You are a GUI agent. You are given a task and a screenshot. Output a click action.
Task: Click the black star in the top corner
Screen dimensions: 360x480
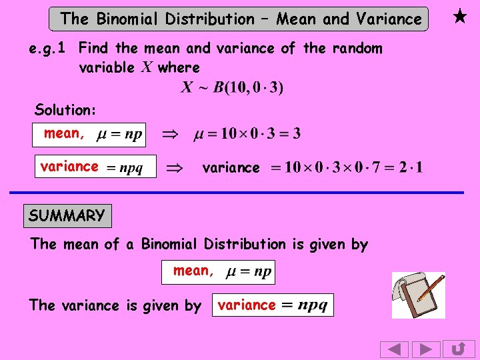pos(459,17)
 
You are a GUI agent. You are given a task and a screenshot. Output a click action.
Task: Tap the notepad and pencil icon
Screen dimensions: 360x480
pos(418,295)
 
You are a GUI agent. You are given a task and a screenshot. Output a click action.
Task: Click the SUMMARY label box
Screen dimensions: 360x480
pos(67,216)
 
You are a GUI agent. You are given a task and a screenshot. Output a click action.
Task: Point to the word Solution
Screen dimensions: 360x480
pos(65,109)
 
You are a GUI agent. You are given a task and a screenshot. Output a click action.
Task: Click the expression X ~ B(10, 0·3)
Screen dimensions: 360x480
pos(232,87)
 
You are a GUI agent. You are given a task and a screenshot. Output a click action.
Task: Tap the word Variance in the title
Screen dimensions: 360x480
pos(389,19)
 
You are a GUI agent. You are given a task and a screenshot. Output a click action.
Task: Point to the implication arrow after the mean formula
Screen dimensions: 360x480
pos(171,135)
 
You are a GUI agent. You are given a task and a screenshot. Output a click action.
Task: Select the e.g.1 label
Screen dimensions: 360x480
pos(50,48)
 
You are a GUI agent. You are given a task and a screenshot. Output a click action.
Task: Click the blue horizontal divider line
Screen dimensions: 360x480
pos(237,193)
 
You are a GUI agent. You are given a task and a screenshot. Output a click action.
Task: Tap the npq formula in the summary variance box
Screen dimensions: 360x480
pos(312,305)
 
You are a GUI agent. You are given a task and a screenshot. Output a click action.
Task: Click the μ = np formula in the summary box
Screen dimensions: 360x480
pos(249,272)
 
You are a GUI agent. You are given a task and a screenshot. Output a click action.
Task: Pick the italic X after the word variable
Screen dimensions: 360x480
pos(147,67)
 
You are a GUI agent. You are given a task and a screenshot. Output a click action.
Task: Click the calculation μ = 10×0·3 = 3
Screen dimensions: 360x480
pos(247,135)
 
